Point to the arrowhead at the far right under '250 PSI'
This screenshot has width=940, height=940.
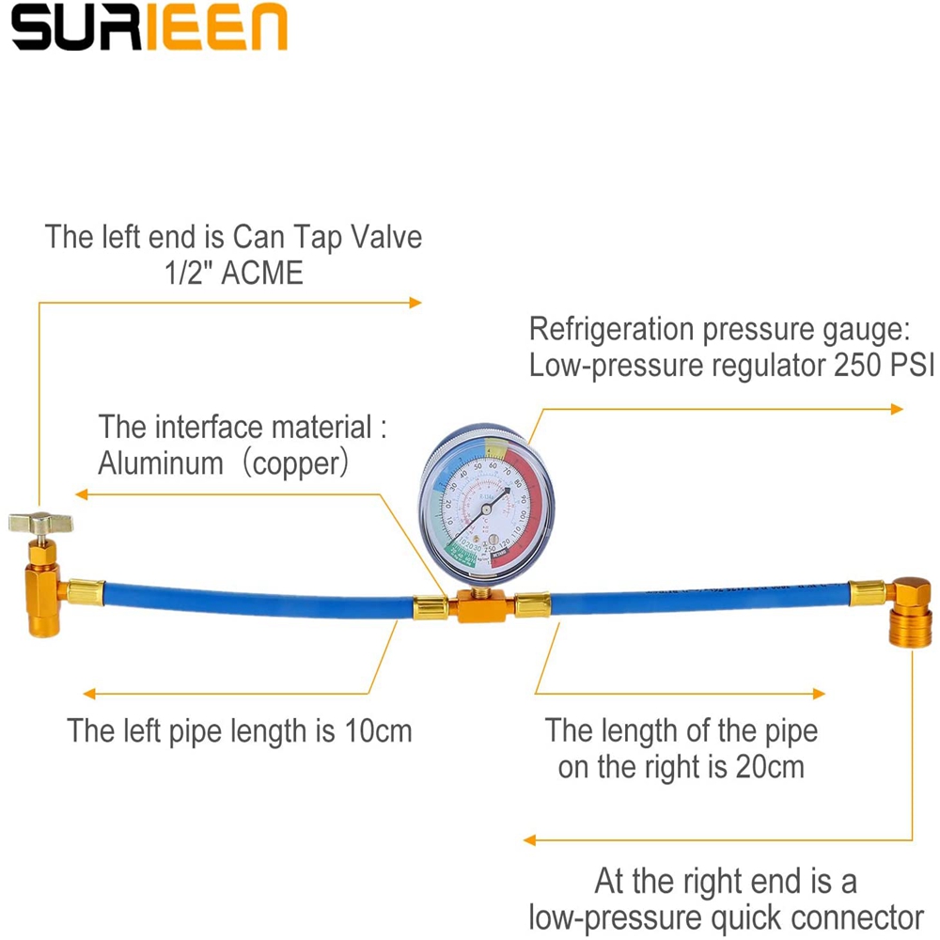pyautogui.click(x=898, y=408)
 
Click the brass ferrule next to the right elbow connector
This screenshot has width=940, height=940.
pyautogui.click(x=866, y=592)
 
